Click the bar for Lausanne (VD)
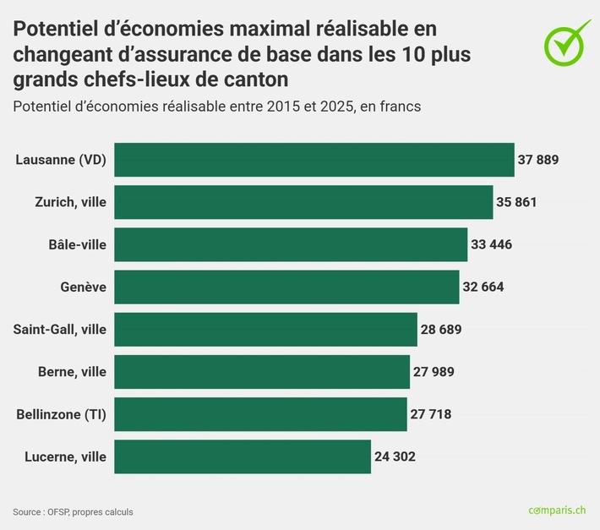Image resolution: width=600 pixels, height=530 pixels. (314, 160)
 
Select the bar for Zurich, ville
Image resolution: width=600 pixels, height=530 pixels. (303, 202)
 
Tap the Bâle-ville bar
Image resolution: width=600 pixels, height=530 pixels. (291, 244)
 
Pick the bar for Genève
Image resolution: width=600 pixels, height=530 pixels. (286, 287)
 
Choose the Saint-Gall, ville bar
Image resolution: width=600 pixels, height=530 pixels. (265, 329)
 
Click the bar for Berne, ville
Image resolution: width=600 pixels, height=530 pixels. (262, 371)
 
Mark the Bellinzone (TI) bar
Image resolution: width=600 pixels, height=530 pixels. (260, 414)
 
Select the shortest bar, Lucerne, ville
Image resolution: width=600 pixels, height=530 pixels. (243, 456)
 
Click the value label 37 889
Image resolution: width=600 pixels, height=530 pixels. (538, 160)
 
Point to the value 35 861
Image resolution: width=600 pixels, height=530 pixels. (516, 202)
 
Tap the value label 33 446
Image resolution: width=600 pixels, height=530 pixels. (491, 244)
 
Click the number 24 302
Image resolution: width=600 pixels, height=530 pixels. (395, 456)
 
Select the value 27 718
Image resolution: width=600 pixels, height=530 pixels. (431, 414)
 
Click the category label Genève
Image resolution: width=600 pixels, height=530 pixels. (83, 287)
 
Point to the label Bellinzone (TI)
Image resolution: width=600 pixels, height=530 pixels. (61, 414)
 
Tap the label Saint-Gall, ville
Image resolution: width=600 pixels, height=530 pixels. (59, 329)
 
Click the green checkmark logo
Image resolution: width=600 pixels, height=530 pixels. (566, 41)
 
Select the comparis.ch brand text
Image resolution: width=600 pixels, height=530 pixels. (557, 511)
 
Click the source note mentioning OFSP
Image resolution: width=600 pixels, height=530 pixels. (73, 511)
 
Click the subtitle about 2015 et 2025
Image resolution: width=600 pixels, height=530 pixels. (217, 107)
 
